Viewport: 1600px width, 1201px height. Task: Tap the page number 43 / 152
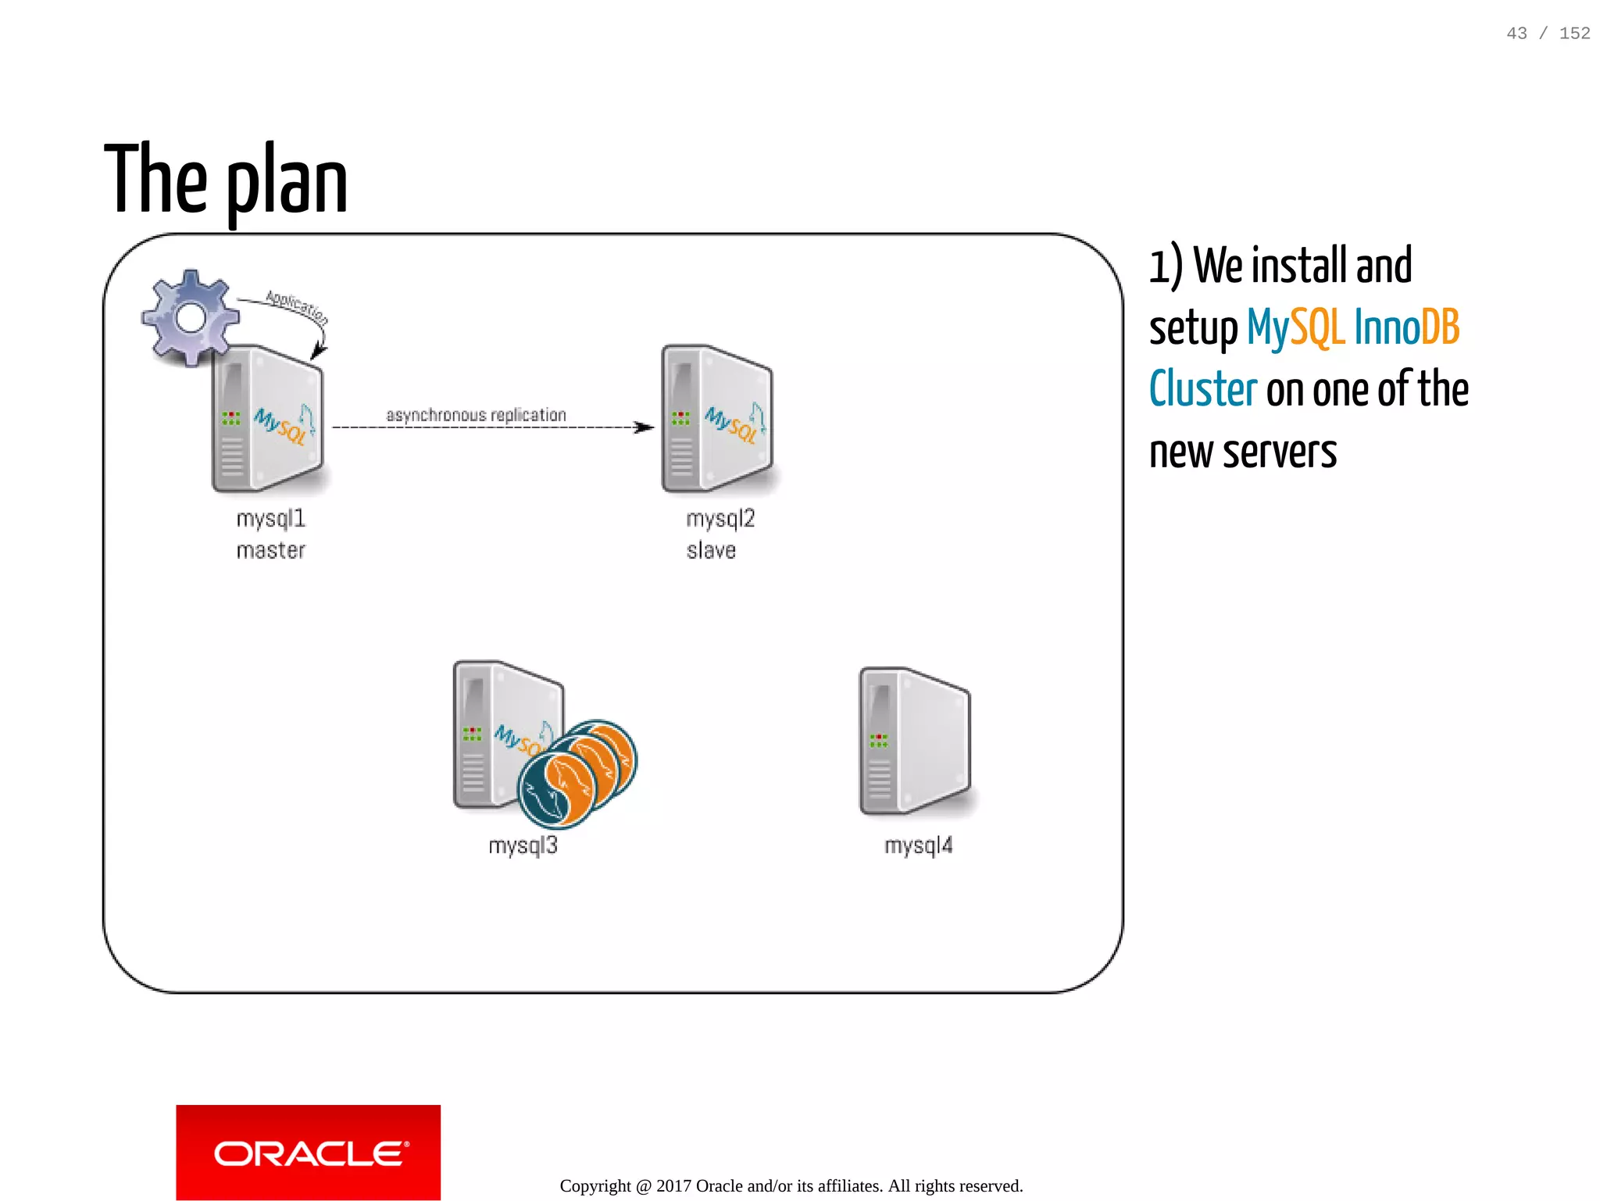(1548, 33)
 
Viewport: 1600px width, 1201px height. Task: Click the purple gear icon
(190, 317)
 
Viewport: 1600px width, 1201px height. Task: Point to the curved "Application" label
(297, 306)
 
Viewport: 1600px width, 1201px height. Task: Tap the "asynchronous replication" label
(476, 415)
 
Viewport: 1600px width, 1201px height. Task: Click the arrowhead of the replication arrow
(645, 427)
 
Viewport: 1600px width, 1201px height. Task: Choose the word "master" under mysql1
(270, 551)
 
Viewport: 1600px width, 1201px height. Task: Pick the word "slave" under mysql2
(711, 551)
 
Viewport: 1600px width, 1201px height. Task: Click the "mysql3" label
(523, 845)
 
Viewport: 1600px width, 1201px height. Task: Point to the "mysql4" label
(918, 845)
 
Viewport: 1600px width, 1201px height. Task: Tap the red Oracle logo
(308, 1152)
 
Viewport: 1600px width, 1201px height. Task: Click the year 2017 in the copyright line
(673, 1186)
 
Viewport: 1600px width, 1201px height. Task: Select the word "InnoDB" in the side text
(1406, 327)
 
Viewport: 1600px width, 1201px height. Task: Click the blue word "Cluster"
(1203, 389)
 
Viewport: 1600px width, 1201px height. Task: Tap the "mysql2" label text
(720, 519)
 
